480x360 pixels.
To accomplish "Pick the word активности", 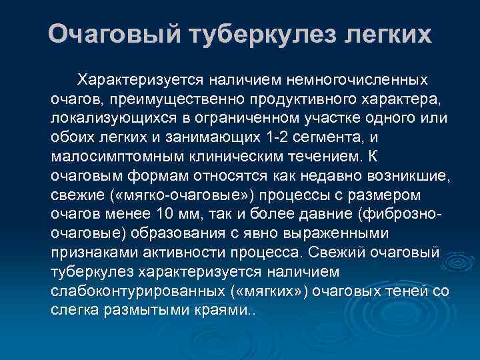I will pyautogui.click(x=192, y=253).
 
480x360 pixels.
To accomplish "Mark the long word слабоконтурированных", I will pyautogui.click(x=135, y=292).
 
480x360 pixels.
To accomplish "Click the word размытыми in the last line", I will pyautogui.click(x=149, y=311).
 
